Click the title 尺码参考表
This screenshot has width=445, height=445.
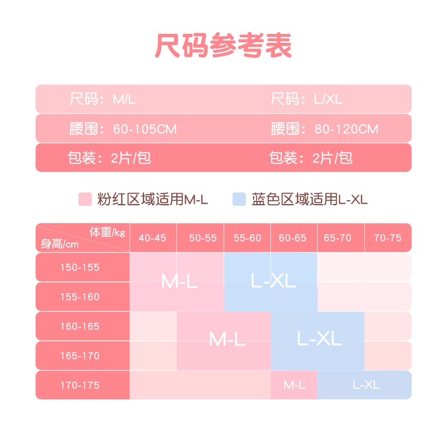coord(222,46)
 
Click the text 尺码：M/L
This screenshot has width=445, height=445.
coord(102,100)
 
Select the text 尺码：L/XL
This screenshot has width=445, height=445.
coord(306,100)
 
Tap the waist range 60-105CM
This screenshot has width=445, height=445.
coord(144,129)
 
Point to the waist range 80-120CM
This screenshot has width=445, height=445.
coord(346,129)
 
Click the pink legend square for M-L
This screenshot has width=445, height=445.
coord(85,199)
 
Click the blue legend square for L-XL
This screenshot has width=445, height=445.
coord(239,199)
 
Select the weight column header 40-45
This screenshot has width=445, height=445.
coord(153,238)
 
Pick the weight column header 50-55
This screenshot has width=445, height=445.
coord(202,238)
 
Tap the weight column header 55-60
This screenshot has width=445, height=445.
coord(248,238)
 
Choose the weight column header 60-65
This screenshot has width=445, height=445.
coord(293,238)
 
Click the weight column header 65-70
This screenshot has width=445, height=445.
coord(338,238)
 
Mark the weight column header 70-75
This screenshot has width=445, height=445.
coord(388,238)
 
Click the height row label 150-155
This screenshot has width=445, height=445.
coord(80,268)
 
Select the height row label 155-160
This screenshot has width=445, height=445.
coord(80,297)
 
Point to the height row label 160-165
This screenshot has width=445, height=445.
coord(80,327)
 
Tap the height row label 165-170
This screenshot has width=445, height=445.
coord(80,355)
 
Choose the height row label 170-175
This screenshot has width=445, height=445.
coord(80,385)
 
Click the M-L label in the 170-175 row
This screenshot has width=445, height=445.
coord(293,385)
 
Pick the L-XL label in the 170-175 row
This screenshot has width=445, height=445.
coord(366,385)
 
